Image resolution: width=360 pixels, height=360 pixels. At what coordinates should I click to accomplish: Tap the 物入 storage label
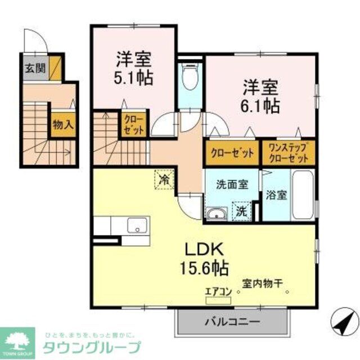pyautogui.click(x=63, y=125)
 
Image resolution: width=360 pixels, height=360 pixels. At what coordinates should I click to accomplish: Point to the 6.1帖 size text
pyautogui.click(x=262, y=105)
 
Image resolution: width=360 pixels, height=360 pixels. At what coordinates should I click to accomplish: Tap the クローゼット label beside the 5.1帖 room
pyautogui.click(x=132, y=124)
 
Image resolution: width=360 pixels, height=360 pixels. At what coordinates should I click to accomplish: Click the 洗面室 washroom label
pyautogui.click(x=231, y=184)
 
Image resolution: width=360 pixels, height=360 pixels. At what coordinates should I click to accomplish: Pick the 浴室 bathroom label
pyautogui.click(x=276, y=196)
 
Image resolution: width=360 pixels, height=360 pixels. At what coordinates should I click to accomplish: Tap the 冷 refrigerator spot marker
pyautogui.click(x=165, y=181)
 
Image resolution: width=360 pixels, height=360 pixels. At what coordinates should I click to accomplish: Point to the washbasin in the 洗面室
pyautogui.click(x=216, y=214)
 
